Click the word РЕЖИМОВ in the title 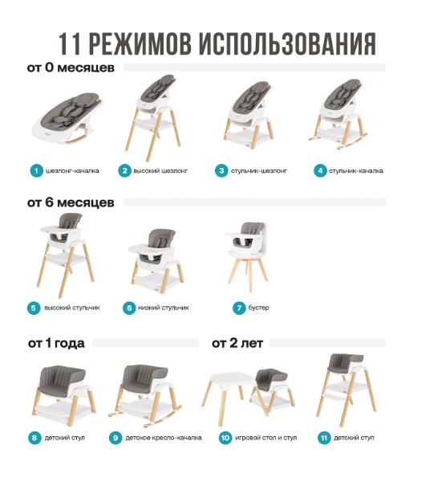coord(140,43)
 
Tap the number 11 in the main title coord(70,43)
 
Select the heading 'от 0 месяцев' coord(71,67)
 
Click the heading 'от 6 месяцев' coord(71,202)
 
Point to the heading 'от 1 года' coord(56,343)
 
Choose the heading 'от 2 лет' coord(237,343)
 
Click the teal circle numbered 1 coord(37,170)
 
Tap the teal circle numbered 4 coord(320,170)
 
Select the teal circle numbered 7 coord(239,308)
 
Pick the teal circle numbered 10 coord(225,438)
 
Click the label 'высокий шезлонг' coord(160,170)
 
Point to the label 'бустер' coord(258,308)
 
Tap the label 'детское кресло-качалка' coord(164,438)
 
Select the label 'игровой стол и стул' coord(266,438)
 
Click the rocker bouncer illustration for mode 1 coord(67,118)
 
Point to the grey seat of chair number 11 coord(346,363)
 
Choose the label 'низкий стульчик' coord(164,308)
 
